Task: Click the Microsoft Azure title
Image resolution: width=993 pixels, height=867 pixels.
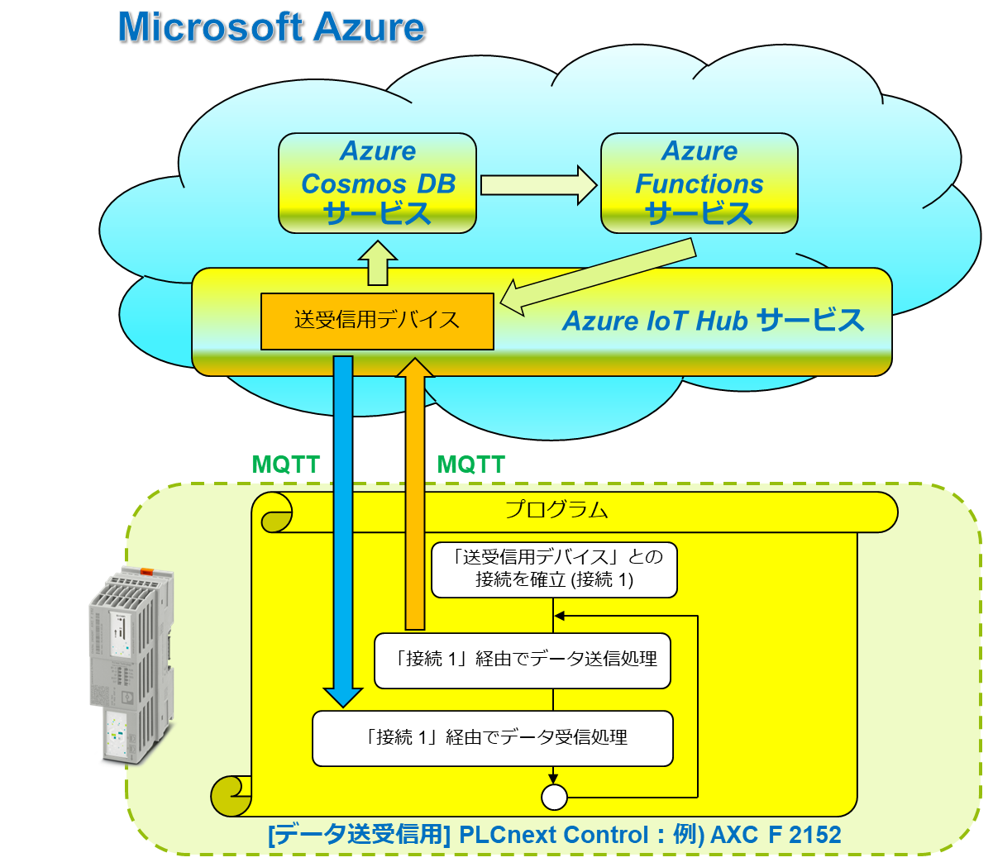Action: (x=271, y=27)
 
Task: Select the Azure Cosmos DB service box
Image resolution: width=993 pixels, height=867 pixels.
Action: (x=377, y=183)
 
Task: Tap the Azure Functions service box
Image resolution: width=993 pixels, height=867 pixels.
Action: (x=699, y=183)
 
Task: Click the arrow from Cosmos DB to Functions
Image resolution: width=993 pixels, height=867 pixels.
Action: (x=538, y=184)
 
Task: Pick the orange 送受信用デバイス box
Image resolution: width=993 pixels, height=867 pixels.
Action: (x=377, y=321)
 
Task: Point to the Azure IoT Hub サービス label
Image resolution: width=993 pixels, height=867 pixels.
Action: (x=713, y=321)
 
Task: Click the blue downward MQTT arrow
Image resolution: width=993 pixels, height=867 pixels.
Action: (x=342, y=529)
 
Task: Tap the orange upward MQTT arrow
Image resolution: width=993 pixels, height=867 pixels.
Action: (x=415, y=496)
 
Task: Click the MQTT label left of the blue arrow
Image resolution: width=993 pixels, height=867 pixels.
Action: (x=285, y=464)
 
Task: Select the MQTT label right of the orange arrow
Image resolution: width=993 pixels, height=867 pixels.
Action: (x=470, y=464)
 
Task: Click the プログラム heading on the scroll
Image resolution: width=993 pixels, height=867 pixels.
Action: (x=556, y=510)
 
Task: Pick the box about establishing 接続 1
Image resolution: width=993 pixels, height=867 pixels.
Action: (x=554, y=569)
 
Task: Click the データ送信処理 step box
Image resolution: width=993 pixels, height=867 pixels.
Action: (x=522, y=660)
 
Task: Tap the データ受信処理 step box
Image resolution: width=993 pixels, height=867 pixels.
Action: (x=492, y=737)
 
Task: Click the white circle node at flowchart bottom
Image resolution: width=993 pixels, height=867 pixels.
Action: (x=554, y=797)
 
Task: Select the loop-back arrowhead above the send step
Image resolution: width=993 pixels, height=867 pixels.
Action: (x=560, y=616)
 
